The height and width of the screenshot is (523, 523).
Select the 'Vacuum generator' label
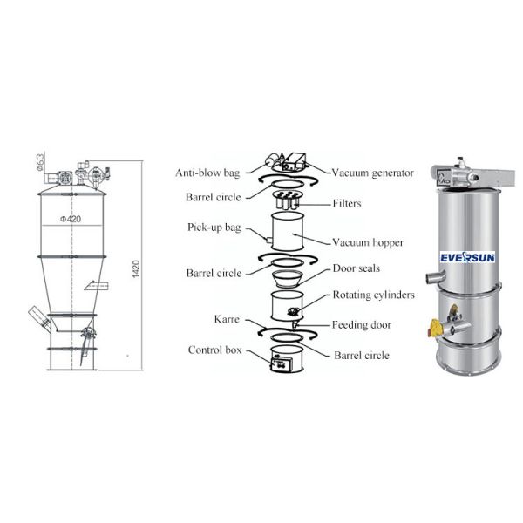pos(372,173)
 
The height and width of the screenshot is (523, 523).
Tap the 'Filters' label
pos(346,204)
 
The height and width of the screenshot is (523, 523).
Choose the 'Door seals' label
pos(356,268)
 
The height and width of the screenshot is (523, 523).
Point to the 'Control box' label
pos(214,350)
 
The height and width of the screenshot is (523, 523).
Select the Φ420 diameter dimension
pos(71,220)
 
